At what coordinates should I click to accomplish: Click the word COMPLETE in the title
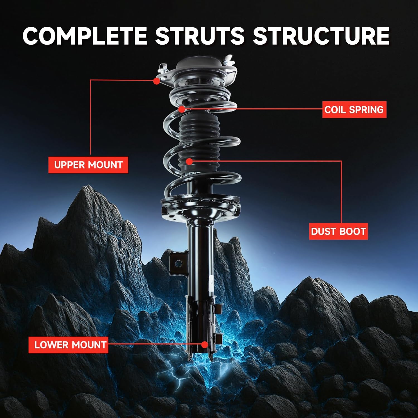click(85, 36)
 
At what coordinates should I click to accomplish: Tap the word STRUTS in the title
click(200, 36)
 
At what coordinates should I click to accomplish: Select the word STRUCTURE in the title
click(321, 36)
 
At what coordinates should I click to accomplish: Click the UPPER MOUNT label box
click(88, 165)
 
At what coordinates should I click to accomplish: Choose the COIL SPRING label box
click(354, 110)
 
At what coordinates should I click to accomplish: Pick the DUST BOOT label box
click(338, 231)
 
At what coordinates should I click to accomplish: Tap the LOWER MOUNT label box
click(68, 345)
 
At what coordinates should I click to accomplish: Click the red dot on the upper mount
click(157, 81)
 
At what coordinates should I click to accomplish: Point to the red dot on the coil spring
click(182, 109)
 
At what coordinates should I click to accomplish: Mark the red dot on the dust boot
click(189, 161)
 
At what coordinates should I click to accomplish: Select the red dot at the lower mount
click(205, 345)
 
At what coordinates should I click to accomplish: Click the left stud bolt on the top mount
click(162, 68)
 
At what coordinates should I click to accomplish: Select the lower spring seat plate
click(200, 206)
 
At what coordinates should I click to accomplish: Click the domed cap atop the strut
click(201, 65)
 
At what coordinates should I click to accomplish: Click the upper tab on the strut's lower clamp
click(218, 308)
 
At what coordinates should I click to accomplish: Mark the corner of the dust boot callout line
click(341, 161)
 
